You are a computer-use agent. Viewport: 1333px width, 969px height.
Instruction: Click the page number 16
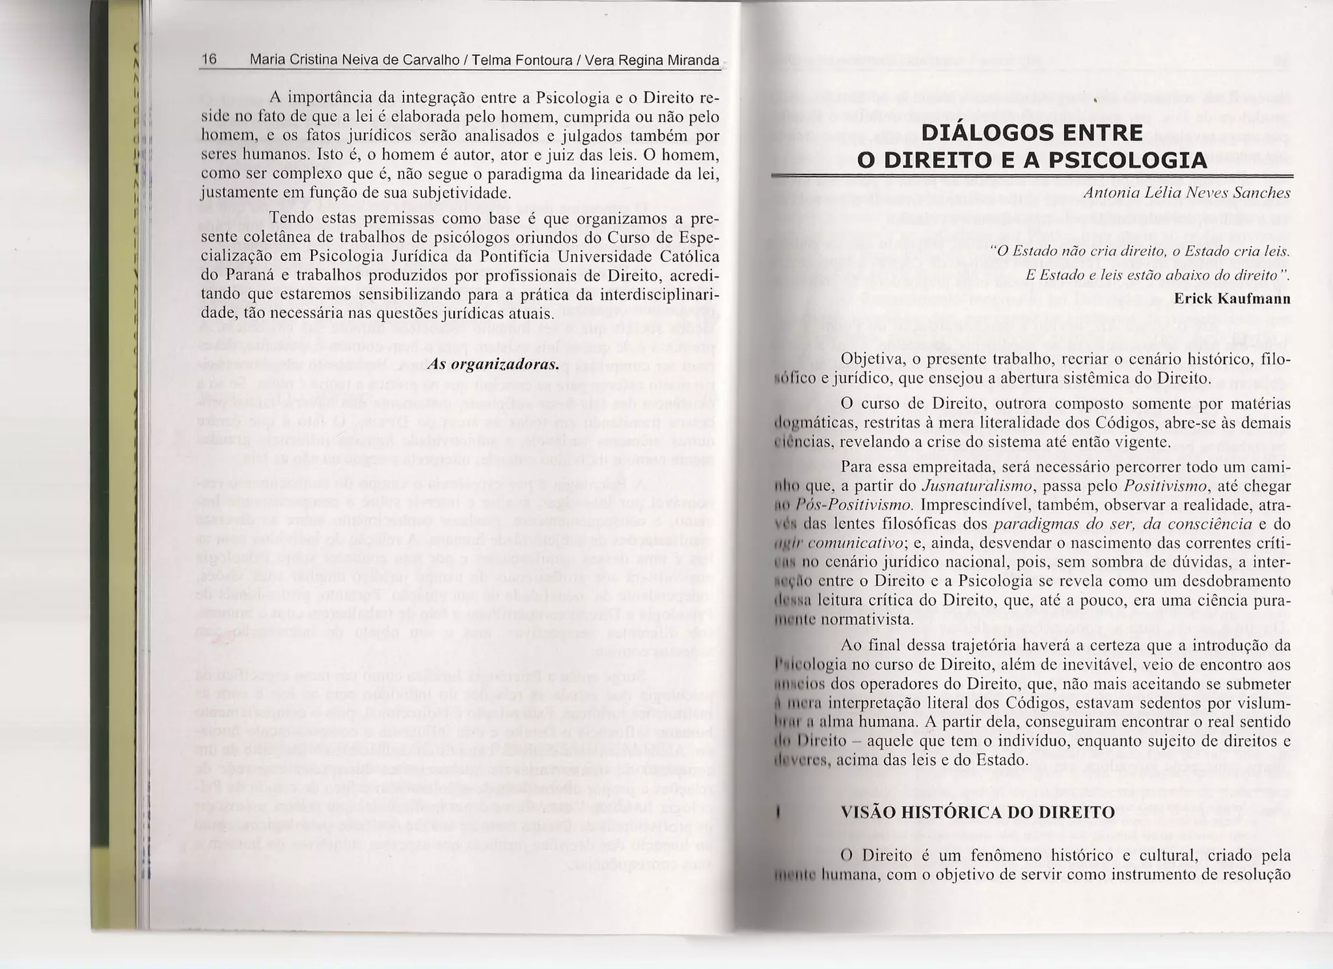click(209, 60)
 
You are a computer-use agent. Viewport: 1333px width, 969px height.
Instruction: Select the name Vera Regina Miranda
click(652, 61)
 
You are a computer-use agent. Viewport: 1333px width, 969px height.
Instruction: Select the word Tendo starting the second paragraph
click(288, 218)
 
